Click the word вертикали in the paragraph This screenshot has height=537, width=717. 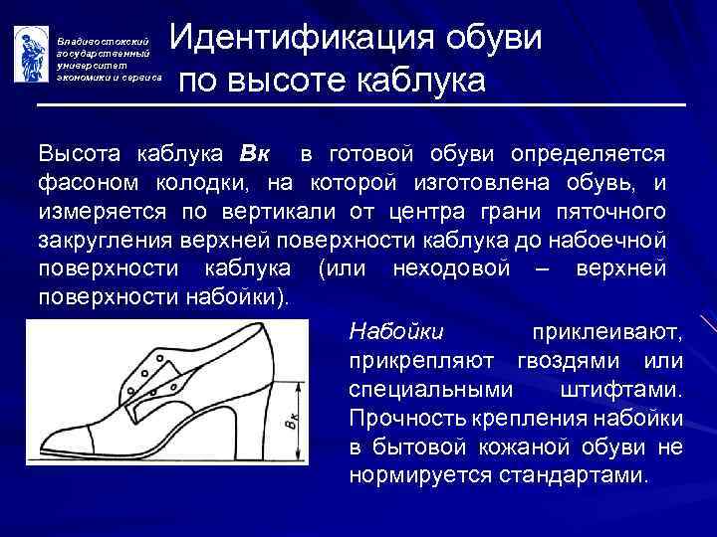pyautogui.click(x=284, y=213)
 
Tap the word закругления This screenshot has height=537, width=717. pyautogui.click(x=109, y=241)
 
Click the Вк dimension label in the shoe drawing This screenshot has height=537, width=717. pyautogui.click(x=289, y=424)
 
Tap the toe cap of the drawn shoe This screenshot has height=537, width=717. pyautogui.click(x=65, y=445)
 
